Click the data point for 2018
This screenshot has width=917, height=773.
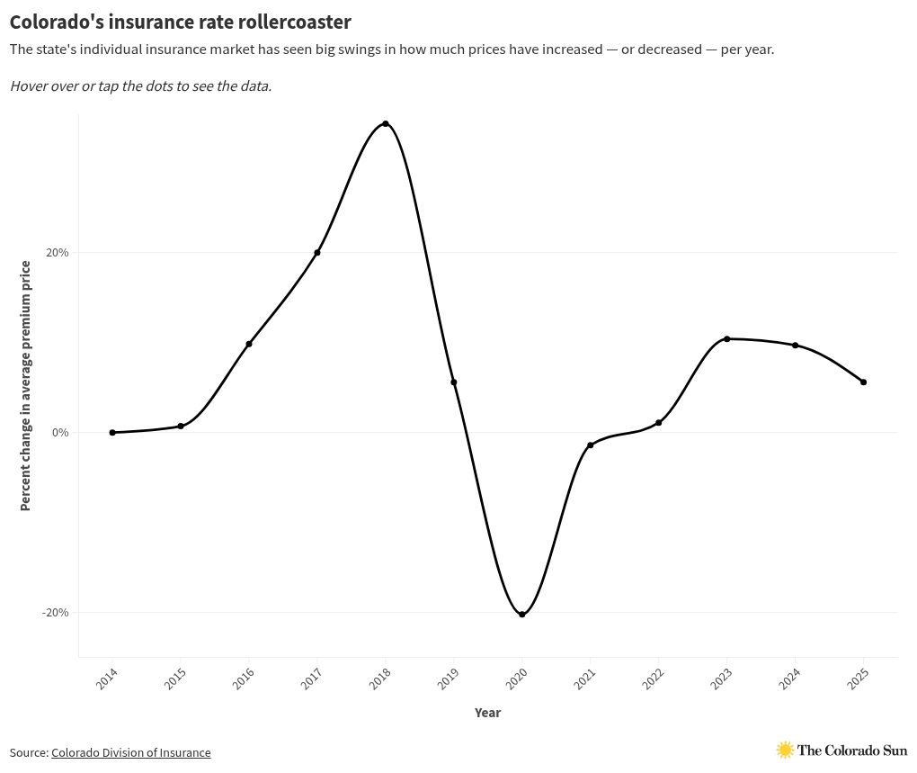pyautogui.click(x=386, y=123)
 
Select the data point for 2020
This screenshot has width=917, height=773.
pyautogui.click(x=522, y=615)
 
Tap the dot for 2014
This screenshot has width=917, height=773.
pyautogui.click(x=112, y=433)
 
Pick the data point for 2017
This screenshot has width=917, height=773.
pyautogui.click(x=317, y=253)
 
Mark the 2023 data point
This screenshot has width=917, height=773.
pyautogui.click(x=727, y=339)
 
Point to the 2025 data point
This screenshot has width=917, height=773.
pyautogui.click(x=864, y=382)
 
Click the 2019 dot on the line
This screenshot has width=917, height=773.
pyautogui.click(x=454, y=382)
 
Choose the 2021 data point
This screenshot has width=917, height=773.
pyautogui.click(x=591, y=445)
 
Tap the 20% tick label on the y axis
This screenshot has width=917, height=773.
pyautogui.click(x=58, y=253)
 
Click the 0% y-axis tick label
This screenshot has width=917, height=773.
pyautogui.click(x=60, y=433)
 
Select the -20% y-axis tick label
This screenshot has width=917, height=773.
pyautogui.click(x=56, y=613)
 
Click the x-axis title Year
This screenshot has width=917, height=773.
pyautogui.click(x=487, y=713)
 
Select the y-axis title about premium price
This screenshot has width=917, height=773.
pyautogui.click(x=25, y=385)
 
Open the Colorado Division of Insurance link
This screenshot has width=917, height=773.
pyautogui.click(x=130, y=752)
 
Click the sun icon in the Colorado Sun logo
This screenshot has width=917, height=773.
pyautogui.click(x=785, y=750)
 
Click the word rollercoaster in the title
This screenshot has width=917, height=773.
pyautogui.click(x=297, y=21)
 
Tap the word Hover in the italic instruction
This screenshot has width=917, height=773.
pyautogui.click(x=29, y=86)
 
